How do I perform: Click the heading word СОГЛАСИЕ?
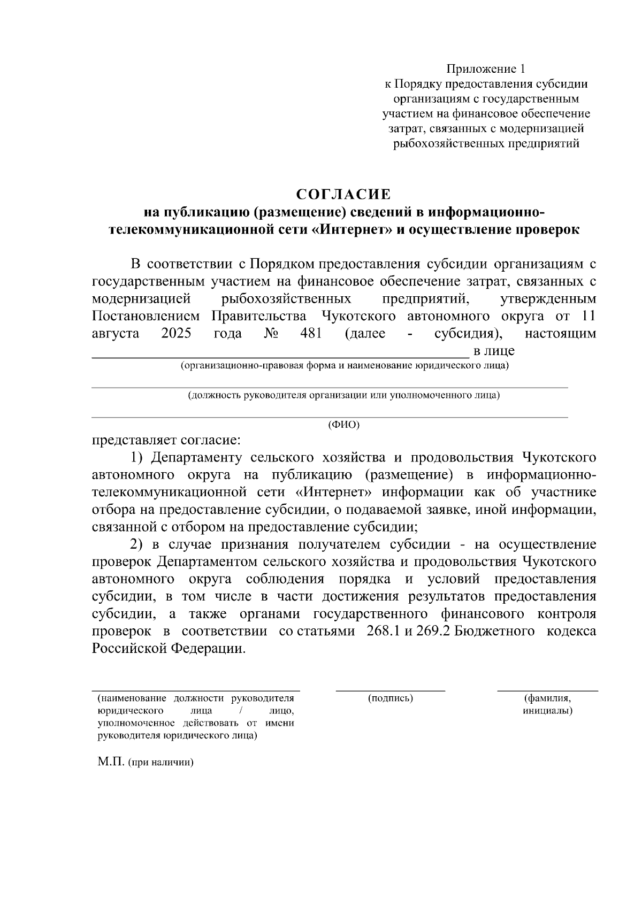point(344,194)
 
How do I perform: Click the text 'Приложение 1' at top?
point(486,69)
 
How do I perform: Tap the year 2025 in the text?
point(176,334)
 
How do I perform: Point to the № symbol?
point(271,334)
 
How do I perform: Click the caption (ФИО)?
point(343,425)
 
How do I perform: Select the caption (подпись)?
point(391,698)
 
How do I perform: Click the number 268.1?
point(384,631)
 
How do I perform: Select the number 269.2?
point(433,631)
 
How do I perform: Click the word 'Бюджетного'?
point(496,631)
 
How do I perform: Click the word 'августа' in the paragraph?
point(116,334)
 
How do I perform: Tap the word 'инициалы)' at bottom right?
point(547,711)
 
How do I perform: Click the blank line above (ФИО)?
point(330,417)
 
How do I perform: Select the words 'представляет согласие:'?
point(166,441)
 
